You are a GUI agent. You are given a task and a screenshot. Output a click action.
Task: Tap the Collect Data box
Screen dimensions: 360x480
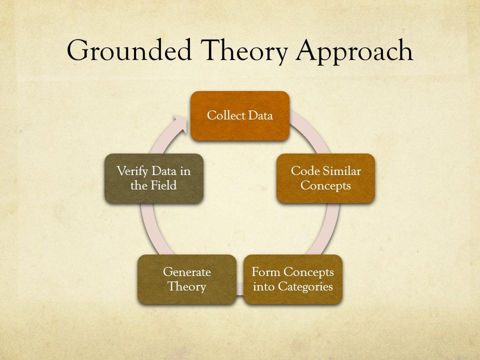240,116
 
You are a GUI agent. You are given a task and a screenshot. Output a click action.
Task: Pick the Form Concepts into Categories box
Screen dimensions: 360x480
293,279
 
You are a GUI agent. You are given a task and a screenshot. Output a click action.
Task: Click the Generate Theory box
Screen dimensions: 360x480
186,279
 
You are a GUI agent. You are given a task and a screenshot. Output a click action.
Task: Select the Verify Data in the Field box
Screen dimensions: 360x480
154,178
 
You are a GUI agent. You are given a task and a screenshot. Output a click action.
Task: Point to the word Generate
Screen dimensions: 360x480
186,272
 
